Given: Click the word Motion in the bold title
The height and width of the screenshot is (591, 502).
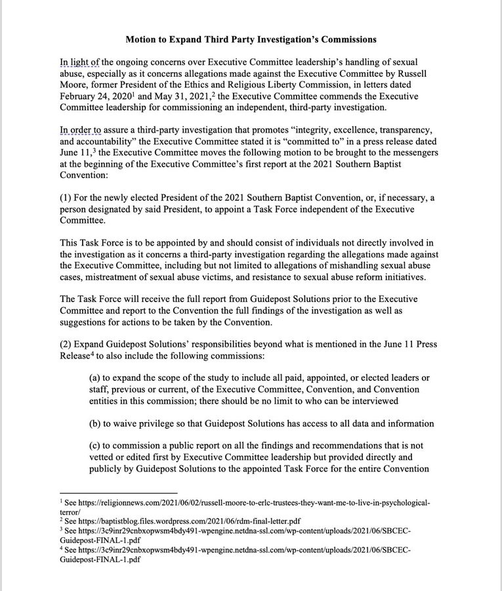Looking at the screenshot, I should pyautogui.click(x=142, y=39).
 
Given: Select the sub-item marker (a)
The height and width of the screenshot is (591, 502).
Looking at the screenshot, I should pyautogui.click(x=96, y=378).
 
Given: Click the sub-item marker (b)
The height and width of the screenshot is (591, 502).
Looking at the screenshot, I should pyautogui.click(x=96, y=424).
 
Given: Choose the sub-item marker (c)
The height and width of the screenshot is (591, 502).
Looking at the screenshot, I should pyautogui.click(x=96, y=447).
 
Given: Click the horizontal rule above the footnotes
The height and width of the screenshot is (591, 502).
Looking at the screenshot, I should pyautogui.click(x=118, y=492).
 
